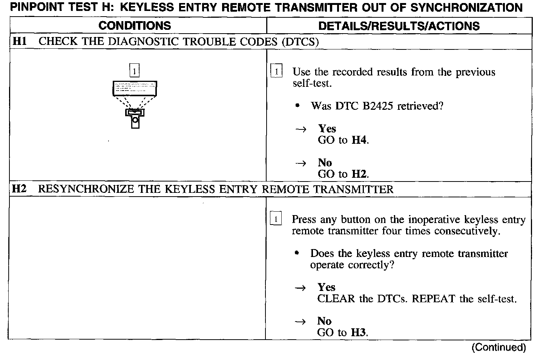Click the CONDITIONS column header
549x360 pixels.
(x=135, y=26)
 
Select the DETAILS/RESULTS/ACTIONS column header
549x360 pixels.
(x=399, y=26)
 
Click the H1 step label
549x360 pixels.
(x=20, y=41)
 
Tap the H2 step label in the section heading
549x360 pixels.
(x=19, y=189)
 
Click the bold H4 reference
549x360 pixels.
(x=359, y=140)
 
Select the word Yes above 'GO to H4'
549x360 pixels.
(x=327, y=129)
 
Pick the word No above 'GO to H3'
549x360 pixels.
(x=324, y=321)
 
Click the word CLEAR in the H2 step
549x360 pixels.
(x=336, y=299)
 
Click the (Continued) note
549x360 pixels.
(x=498, y=347)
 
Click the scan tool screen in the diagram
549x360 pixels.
(x=135, y=89)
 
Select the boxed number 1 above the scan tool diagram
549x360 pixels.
(x=135, y=71)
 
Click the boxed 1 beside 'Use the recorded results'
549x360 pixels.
(x=276, y=71)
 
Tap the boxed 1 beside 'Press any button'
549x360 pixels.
(x=276, y=219)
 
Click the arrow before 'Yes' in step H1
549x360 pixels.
(x=301, y=129)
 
